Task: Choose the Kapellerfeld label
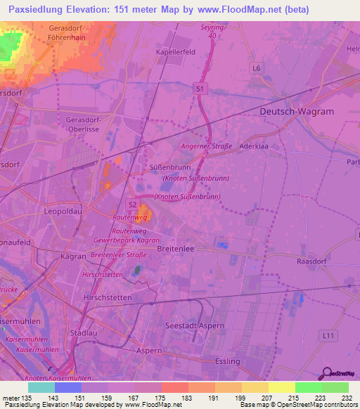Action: click(176, 52)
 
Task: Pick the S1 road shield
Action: click(200, 89)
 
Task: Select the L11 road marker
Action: click(326, 338)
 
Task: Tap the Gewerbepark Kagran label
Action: click(120, 240)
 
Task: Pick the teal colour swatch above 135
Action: click(41, 387)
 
